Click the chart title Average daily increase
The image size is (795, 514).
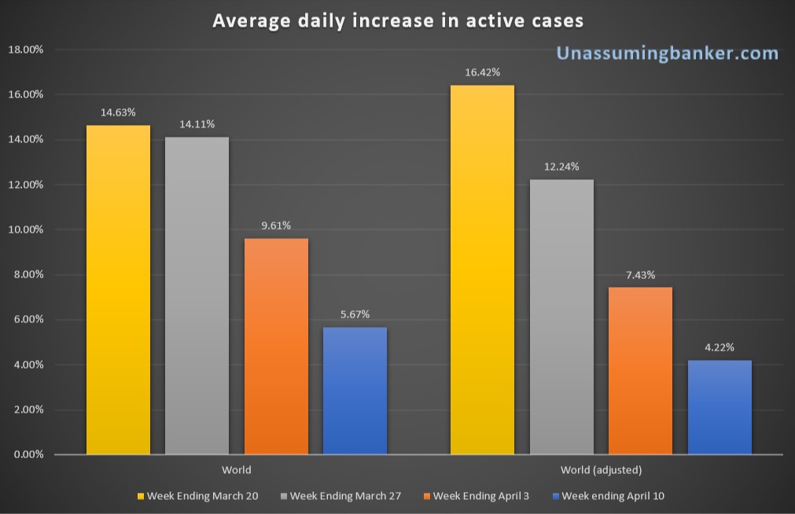398,20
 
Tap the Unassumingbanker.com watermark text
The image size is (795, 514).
668,53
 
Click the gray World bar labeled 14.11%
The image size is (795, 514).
197,296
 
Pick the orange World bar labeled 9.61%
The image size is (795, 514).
276,346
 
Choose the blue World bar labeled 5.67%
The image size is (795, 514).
355,391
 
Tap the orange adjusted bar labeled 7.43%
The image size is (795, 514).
640,370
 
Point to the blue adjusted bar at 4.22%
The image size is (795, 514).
720,407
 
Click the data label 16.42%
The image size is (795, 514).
482,72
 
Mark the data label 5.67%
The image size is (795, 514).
355,314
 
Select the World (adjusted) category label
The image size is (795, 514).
601,470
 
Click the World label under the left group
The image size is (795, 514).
237,470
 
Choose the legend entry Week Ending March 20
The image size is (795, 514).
208,496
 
